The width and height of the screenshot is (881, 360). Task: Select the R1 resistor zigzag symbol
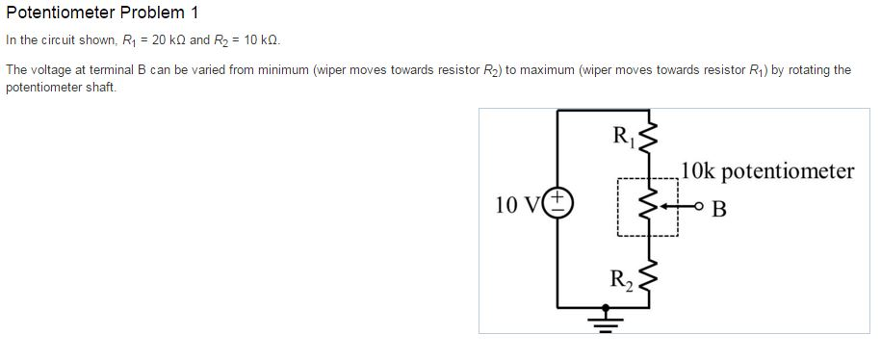point(648,140)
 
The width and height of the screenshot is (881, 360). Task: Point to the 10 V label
point(517,205)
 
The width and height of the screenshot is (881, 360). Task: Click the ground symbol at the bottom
point(605,317)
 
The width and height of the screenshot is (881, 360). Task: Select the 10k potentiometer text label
point(767,171)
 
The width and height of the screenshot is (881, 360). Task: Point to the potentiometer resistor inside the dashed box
point(648,205)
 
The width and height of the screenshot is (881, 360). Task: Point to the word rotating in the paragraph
point(804,70)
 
